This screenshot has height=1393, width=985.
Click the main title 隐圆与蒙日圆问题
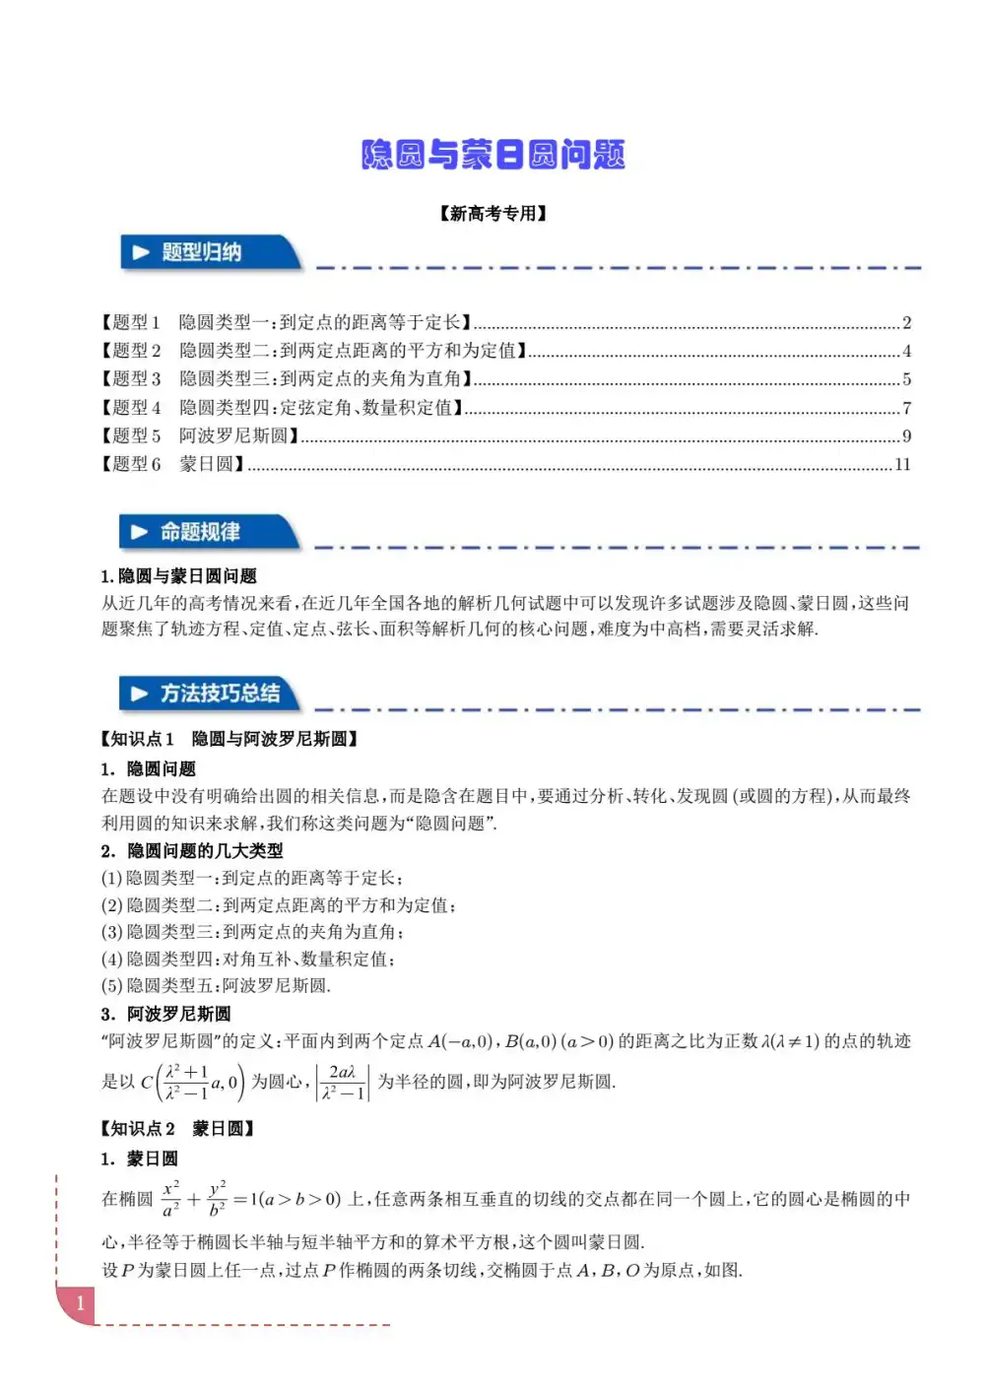pos(493,155)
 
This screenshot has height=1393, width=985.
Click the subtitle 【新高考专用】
pos(493,214)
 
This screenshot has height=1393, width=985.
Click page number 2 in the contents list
pos(906,322)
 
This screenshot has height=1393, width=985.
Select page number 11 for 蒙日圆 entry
pos(902,464)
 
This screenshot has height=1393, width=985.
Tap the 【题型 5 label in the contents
pos(131,435)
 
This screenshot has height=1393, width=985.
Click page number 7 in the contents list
pos(906,408)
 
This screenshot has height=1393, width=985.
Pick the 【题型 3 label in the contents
pos(131,379)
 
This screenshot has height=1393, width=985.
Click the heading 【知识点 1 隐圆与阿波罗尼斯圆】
pos(230,739)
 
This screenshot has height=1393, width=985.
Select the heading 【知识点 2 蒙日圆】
pos(177,1129)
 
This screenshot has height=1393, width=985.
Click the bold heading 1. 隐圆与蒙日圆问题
pos(178,576)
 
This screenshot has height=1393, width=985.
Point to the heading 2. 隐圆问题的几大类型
pos(192,850)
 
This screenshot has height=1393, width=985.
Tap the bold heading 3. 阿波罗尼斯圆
pos(165,1014)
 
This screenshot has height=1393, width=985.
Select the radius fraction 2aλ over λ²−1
pos(342,1082)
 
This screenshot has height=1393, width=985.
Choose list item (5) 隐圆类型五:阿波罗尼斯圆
pos(216,985)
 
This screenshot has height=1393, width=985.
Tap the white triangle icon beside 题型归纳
pos(140,253)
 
